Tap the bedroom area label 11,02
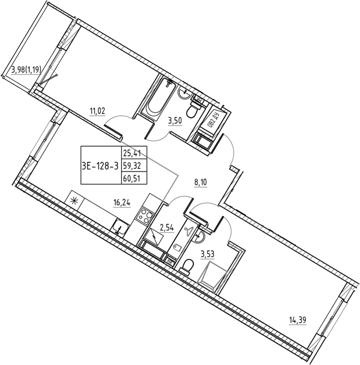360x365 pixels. click(98, 111)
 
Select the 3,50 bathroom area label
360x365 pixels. click(175, 121)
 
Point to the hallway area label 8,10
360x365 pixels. click(201, 183)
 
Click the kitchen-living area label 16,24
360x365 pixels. click(122, 203)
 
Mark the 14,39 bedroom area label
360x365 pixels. click(297, 321)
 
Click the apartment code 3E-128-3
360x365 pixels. click(100, 166)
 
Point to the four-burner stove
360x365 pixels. click(145, 216)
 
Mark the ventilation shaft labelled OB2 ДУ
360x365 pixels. click(212, 121)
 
